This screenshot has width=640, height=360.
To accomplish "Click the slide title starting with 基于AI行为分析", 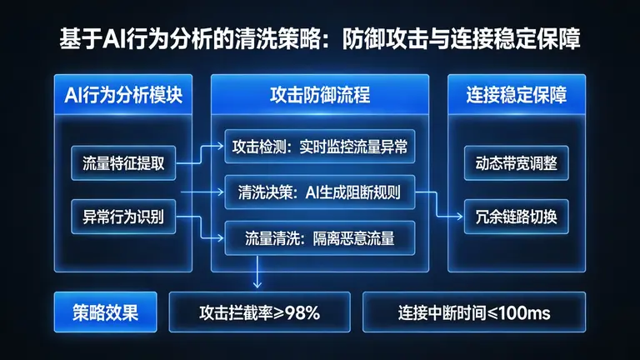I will (x=320, y=38).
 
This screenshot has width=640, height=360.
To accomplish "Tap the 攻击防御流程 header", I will (x=320, y=95).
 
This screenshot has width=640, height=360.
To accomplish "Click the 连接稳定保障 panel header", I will (x=517, y=95).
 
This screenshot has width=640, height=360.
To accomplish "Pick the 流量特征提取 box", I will (x=123, y=162).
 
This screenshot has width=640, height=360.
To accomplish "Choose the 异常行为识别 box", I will (x=123, y=217).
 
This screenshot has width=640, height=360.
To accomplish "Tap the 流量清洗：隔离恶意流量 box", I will (x=320, y=238).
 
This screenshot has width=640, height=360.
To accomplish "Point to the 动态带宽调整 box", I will (x=517, y=162).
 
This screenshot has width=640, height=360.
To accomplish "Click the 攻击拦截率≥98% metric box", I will (x=260, y=313).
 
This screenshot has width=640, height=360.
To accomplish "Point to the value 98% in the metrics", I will (x=302, y=313).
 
